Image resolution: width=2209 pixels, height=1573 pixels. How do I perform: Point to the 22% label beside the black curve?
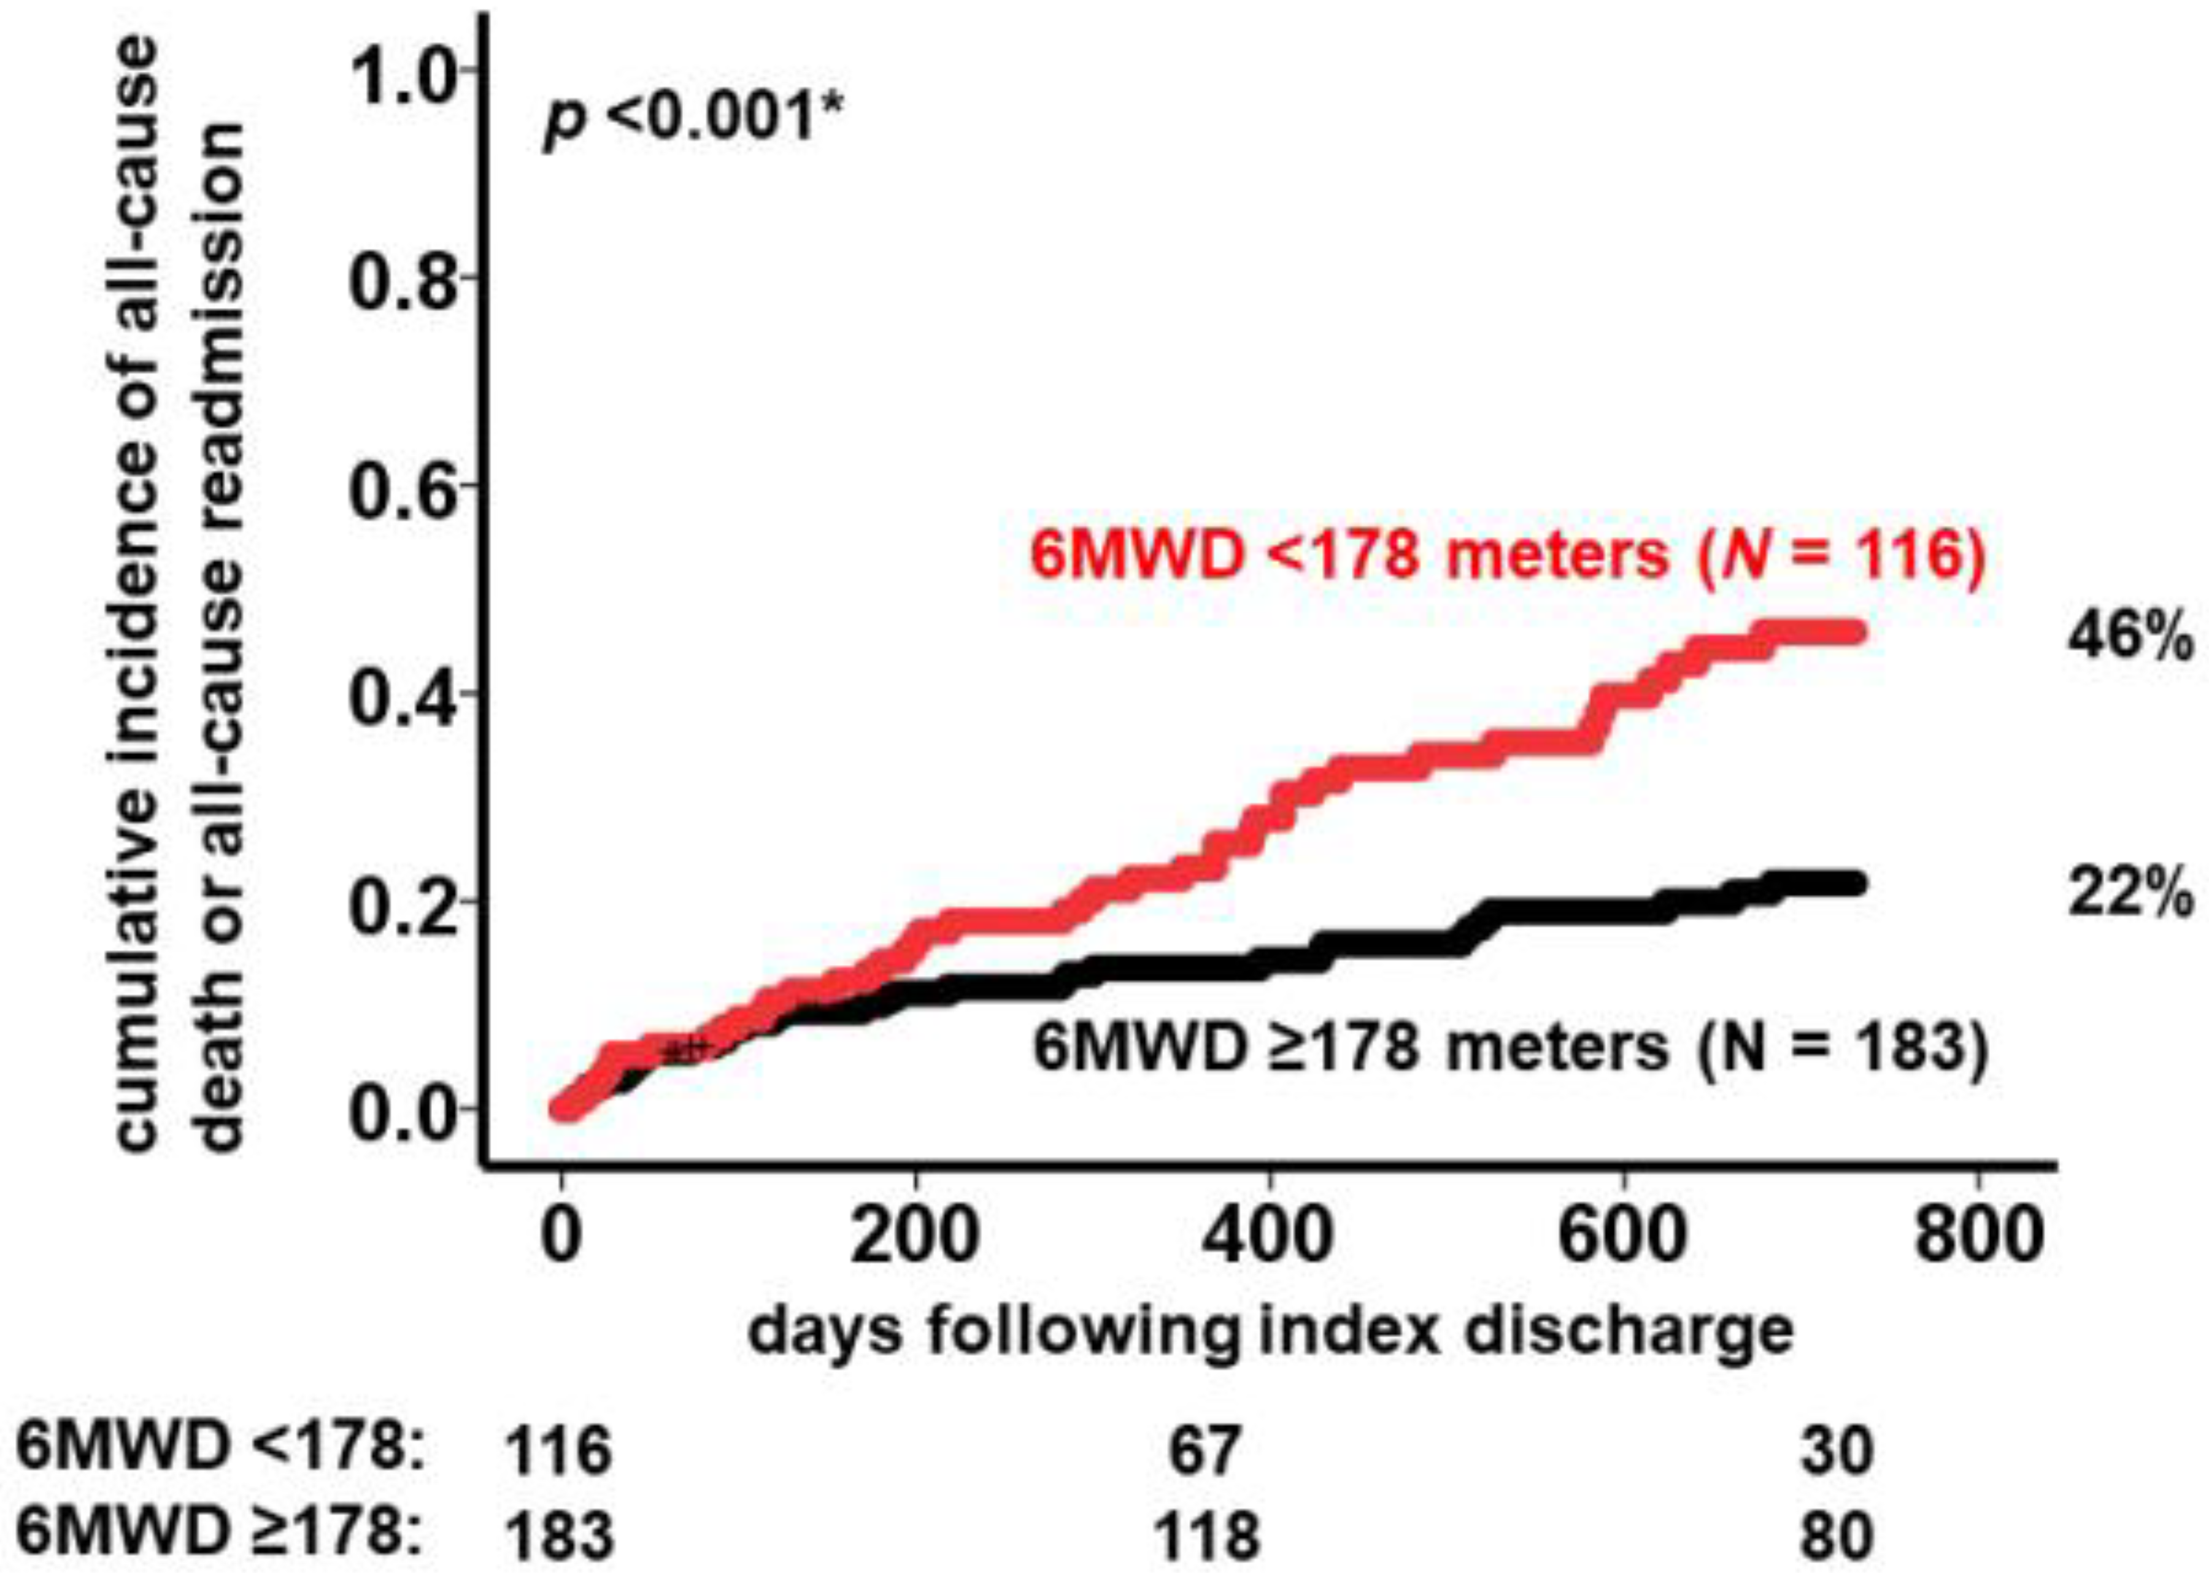[2130, 895]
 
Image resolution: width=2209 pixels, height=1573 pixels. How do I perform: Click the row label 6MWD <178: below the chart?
[221, 1450]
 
